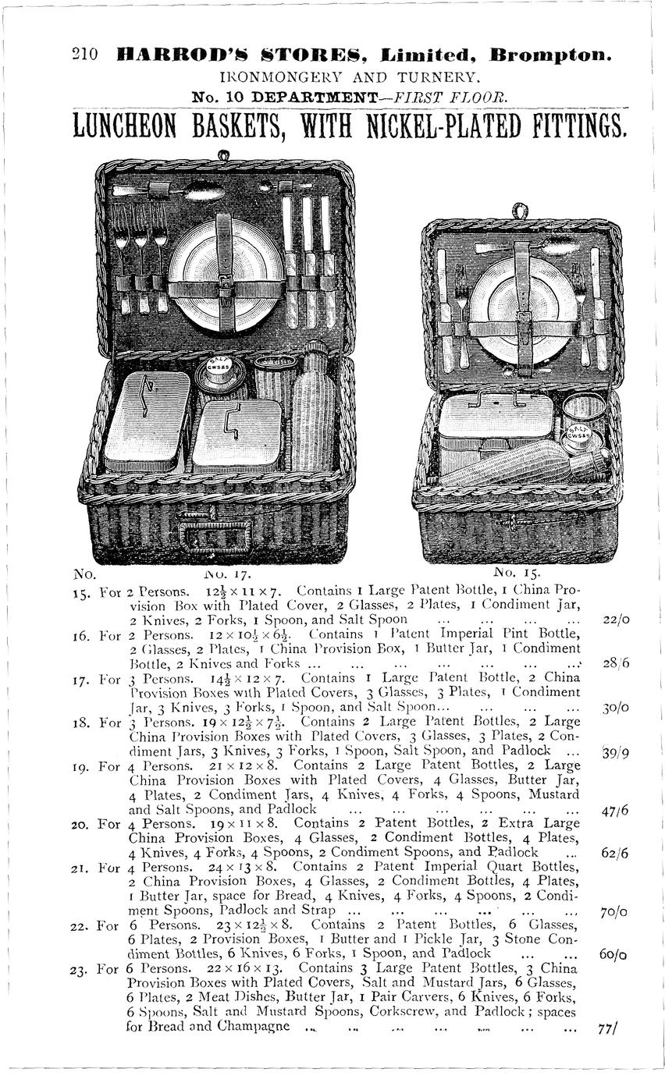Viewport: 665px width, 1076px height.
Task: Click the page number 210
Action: click(84, 55)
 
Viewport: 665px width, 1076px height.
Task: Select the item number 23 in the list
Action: click(79, 970)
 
